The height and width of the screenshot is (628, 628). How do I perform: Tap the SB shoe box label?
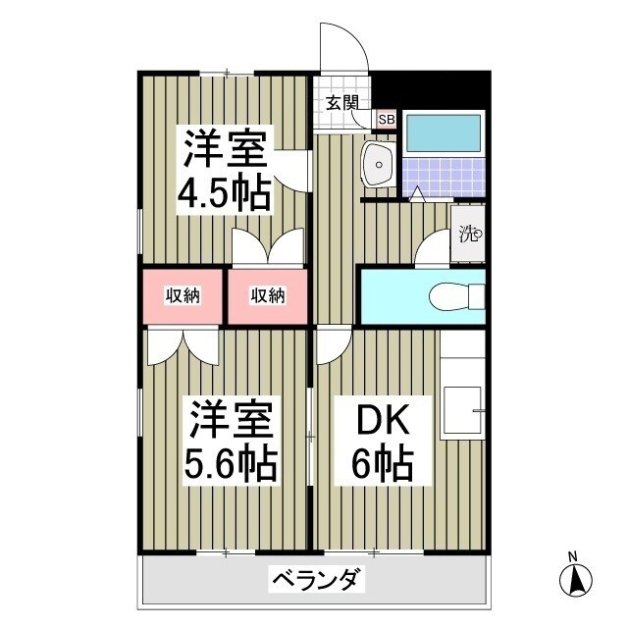pyautogui.click(x=387, y=120)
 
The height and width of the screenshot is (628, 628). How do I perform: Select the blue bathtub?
pyautogui.click(x=444, y=131)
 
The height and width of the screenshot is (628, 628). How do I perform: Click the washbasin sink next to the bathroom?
pyautogui.click(x=378, y=164)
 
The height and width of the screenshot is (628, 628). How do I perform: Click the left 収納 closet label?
pyautogui.click(x=183, y=295)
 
